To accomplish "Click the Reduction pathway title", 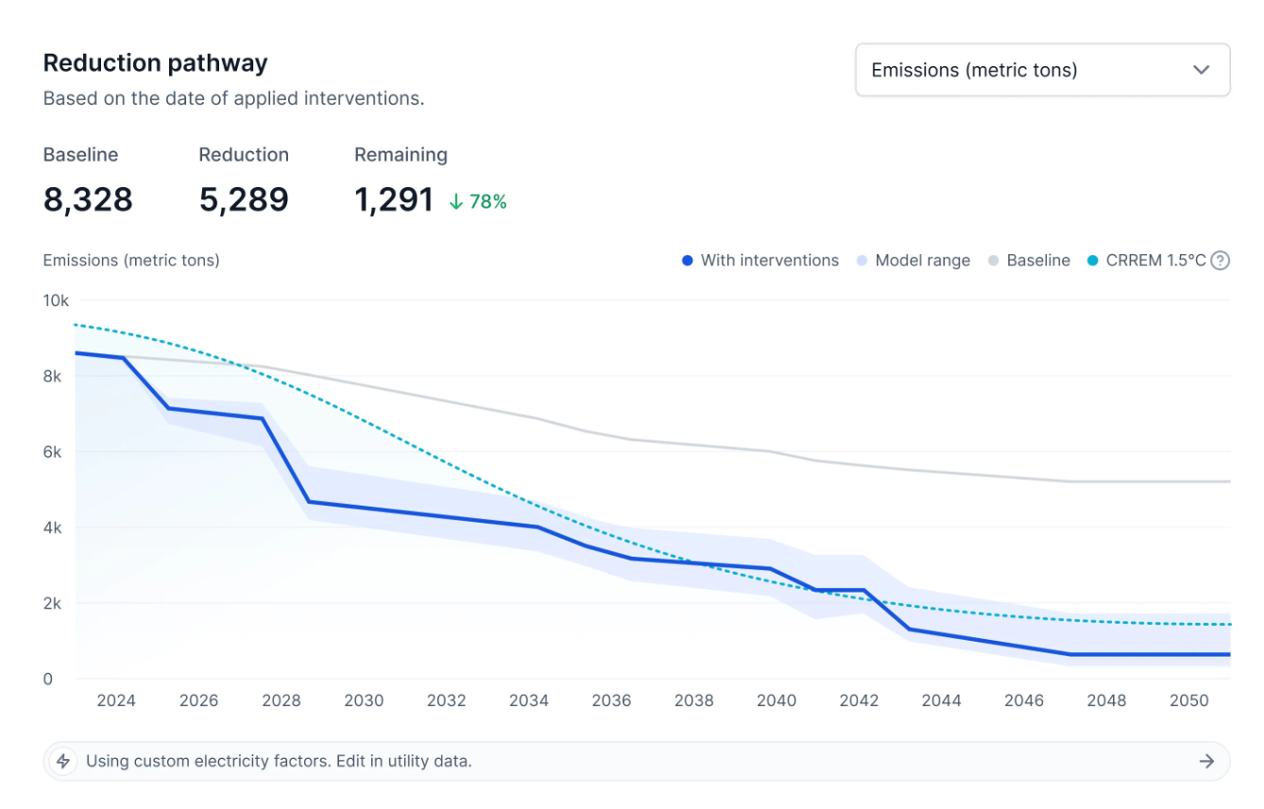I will click(x=155, y=63).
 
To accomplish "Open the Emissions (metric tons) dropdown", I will click(x=1042, y=70).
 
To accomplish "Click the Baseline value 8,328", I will click(x=88, y=199).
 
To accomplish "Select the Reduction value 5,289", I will click(x=244, y=199).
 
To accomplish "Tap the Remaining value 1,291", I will click(x=394, y=199).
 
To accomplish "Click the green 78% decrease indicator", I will click(x=478, y=201).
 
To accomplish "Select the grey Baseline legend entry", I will click(x=1029, y=260).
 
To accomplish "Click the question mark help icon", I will click(x=1221, y=260).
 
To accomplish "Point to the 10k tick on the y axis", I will click(x=56, y=301).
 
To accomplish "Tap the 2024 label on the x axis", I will click(x=116, y=700).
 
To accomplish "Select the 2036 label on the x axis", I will click(x=611, y=700).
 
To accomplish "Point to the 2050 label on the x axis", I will click(x=1188, y=700).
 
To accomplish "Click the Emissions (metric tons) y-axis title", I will click(x=131, y=260).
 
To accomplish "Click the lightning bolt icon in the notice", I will click(x=63, y=761).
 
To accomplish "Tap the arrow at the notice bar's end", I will click(x=1206, y=761).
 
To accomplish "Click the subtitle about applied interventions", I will click(x=233, y=98).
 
